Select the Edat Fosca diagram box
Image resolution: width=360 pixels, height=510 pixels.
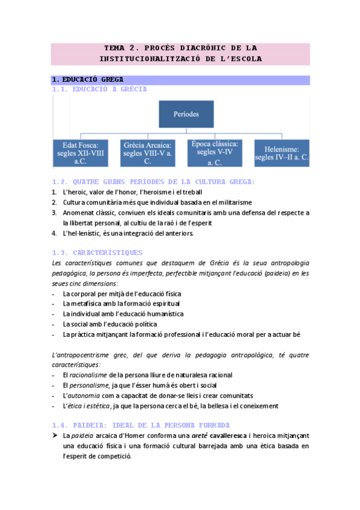[81, 153]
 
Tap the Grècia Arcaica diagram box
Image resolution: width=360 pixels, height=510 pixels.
[147, 153]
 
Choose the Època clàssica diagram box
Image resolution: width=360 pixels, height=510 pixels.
[215, 153]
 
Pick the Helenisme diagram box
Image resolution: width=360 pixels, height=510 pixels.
[281, 153]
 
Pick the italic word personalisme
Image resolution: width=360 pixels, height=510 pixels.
[88, 385]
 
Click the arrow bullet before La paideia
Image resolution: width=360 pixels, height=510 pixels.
[55, 434]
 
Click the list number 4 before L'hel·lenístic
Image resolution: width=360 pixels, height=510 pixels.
[54, 233]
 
